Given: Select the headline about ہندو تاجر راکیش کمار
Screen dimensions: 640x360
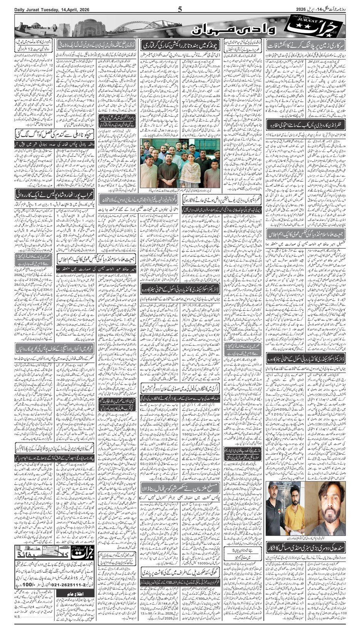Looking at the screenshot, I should (179, 45).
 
